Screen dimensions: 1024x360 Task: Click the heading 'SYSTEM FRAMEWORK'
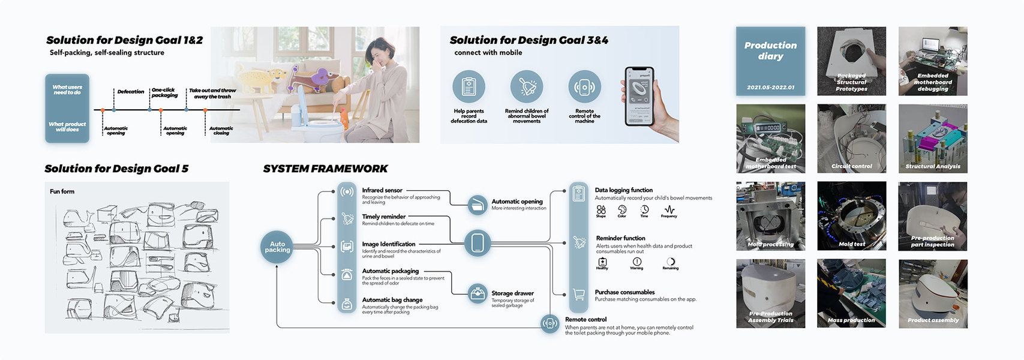click(325, 169)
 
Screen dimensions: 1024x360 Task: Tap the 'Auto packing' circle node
click(277, 247)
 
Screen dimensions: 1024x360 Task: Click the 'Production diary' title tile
click(770, 61)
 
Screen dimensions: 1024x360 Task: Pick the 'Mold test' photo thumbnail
click(851, 216)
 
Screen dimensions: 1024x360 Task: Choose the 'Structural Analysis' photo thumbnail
click(932, 139)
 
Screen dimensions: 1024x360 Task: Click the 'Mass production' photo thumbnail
click(851, 293)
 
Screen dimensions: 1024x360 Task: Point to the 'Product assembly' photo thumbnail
click(932, 293)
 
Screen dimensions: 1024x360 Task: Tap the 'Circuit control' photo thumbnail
click(851, 139)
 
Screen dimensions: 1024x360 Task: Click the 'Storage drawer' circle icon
click(478, 294)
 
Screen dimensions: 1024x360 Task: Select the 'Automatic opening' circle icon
click(478, 205)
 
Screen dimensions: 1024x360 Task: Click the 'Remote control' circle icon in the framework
click(549, 323)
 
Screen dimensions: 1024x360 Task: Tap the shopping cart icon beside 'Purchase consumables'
click(579, 294)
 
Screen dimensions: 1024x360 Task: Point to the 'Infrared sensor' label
click(382, 190)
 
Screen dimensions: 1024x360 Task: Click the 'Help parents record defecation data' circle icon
click(469, 87)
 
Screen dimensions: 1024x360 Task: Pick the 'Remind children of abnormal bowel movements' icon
click(526, 87)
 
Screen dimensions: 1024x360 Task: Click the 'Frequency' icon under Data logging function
click(669, 209)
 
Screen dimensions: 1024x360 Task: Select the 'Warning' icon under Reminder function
click(636, 262)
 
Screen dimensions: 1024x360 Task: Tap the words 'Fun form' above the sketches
click(62, 191)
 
